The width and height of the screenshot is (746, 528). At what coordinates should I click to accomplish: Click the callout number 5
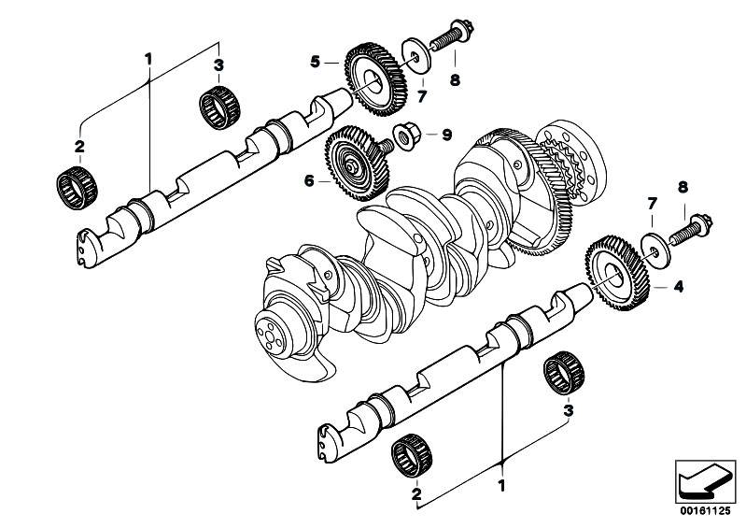coord(315,62)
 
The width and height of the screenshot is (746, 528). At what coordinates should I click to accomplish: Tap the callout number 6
coord(309,181)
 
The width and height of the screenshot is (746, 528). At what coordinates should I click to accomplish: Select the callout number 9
coord(446,135)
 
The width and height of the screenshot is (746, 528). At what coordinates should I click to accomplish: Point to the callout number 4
coord(679,287)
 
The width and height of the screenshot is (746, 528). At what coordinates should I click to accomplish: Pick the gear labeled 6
coord(357,164)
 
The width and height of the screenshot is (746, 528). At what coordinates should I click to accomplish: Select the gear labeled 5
coord(376,79)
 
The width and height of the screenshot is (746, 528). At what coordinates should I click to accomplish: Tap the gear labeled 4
coord(617,273)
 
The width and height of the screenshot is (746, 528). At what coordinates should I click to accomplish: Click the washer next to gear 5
coord(416,56)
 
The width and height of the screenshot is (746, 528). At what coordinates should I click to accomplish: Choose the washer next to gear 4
coord(656,250)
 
